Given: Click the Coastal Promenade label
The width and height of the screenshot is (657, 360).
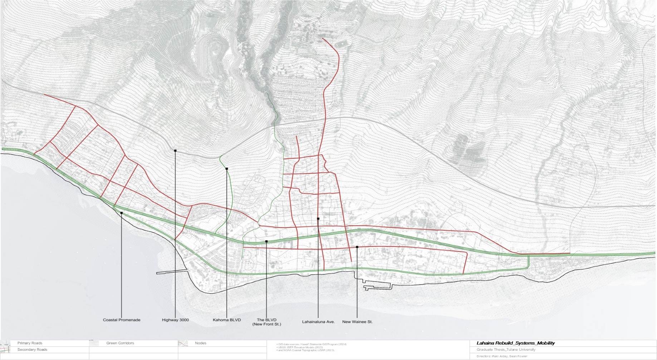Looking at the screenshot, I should point(122,320).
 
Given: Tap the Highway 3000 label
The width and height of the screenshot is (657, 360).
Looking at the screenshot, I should point(175,320).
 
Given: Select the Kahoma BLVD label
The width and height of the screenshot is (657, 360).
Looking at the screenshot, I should point(227,320).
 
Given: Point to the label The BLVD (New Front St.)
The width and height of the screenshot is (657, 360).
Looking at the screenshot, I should point(266,322).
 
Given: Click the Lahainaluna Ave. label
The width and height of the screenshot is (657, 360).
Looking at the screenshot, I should point(318,322).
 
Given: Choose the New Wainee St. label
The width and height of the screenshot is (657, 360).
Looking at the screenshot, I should point(357,322).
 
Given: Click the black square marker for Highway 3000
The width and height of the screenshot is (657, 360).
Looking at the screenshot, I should point(175,151).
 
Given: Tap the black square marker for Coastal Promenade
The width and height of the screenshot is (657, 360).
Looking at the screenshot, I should point(122,213).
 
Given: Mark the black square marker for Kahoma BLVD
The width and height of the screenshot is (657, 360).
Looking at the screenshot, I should point(227,169).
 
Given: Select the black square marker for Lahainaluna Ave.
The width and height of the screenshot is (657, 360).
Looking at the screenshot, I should point(318,219).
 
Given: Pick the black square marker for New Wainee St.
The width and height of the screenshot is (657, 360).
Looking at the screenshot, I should point(357,247).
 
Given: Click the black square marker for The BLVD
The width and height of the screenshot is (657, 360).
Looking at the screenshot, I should point(266,242).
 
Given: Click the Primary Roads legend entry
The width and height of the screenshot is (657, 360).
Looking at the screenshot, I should point(30,343).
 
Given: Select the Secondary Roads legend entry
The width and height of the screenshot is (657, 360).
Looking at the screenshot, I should point(32,350).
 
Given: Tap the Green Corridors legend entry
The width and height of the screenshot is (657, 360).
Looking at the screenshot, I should point(120,343).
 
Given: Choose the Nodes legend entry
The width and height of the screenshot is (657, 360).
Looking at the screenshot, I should point(200,343).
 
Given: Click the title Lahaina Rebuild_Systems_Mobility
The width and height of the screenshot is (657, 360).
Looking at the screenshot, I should point(515,343).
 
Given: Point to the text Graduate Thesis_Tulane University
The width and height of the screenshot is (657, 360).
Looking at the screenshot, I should point(506,350).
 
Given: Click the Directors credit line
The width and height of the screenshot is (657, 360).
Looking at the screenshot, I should point(502,356).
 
